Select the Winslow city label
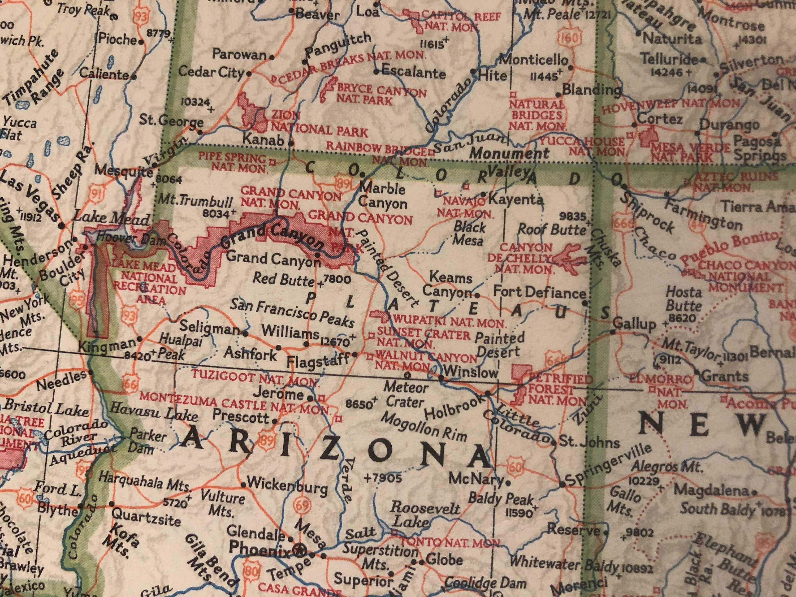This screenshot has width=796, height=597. coord(470,372)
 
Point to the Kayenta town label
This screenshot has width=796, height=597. coord(516,199)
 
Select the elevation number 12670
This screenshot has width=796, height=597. coord(335,341)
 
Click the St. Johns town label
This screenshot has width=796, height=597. coord(588,442)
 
